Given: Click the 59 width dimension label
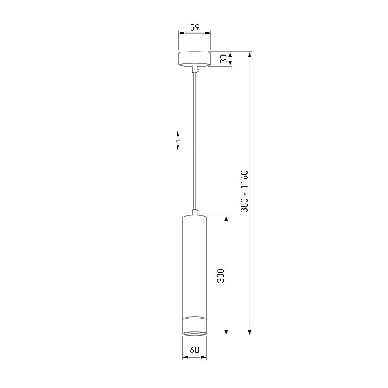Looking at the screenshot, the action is pos(195,27).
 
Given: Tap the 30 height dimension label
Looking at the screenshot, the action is pos(224,59).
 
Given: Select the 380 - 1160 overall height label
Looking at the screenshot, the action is pos(244,191).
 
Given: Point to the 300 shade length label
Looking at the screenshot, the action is pos(221,275).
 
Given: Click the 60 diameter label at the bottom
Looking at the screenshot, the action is pos(195,350).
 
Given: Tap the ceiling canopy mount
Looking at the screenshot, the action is pos(195,59).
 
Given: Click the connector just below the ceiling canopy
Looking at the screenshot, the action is pos(195,69).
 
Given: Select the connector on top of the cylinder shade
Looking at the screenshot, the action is pos(195,212).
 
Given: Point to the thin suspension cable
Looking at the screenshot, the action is pos(195,141).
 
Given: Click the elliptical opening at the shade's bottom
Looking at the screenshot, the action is pos(195,333).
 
